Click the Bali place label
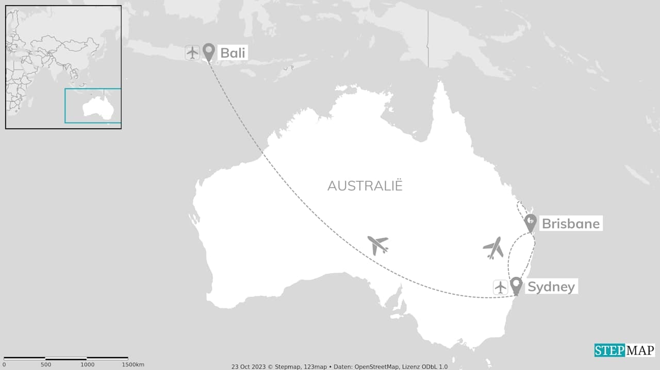(233, 53)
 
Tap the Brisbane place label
(570, 224)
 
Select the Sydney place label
(551, 287)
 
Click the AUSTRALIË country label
(365, 186)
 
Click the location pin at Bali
(209, 52)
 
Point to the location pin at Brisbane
(530, 223)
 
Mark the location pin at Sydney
(516, 285)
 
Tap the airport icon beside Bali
(192, 53)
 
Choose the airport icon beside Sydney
(500, 287)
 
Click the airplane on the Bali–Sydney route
(378, 245)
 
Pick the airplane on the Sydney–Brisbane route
(494, 248)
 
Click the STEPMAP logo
(624, 350)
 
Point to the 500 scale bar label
(45, 365)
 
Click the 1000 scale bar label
(87, 365)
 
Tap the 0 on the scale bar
(4, 365)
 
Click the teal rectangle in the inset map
(93, 106)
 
